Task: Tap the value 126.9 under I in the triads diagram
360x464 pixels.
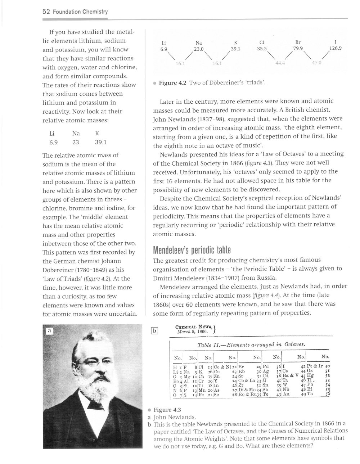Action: click(x=335, y=48)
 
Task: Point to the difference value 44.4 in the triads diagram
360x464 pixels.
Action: click(x=280, y=63)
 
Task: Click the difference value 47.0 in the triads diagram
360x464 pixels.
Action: click(x=316, y=63)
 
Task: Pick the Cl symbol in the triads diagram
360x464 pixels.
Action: click(x=262, y=42)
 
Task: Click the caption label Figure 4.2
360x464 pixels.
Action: click(x=172, y=83)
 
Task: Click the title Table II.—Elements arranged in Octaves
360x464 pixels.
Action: click(x=252, y=344)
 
